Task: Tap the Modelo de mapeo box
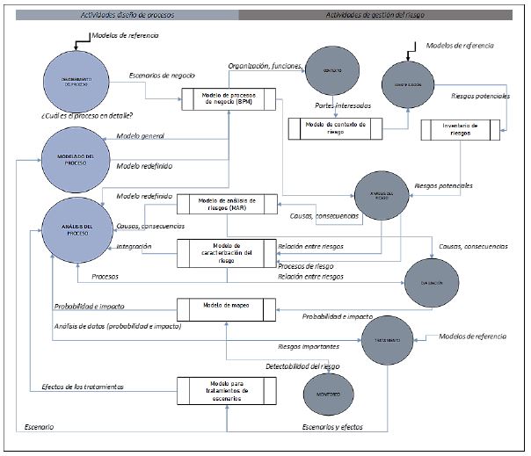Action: (228, 309)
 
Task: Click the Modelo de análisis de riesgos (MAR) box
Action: (227, 204)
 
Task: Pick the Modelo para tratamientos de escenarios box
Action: (227, 388)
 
